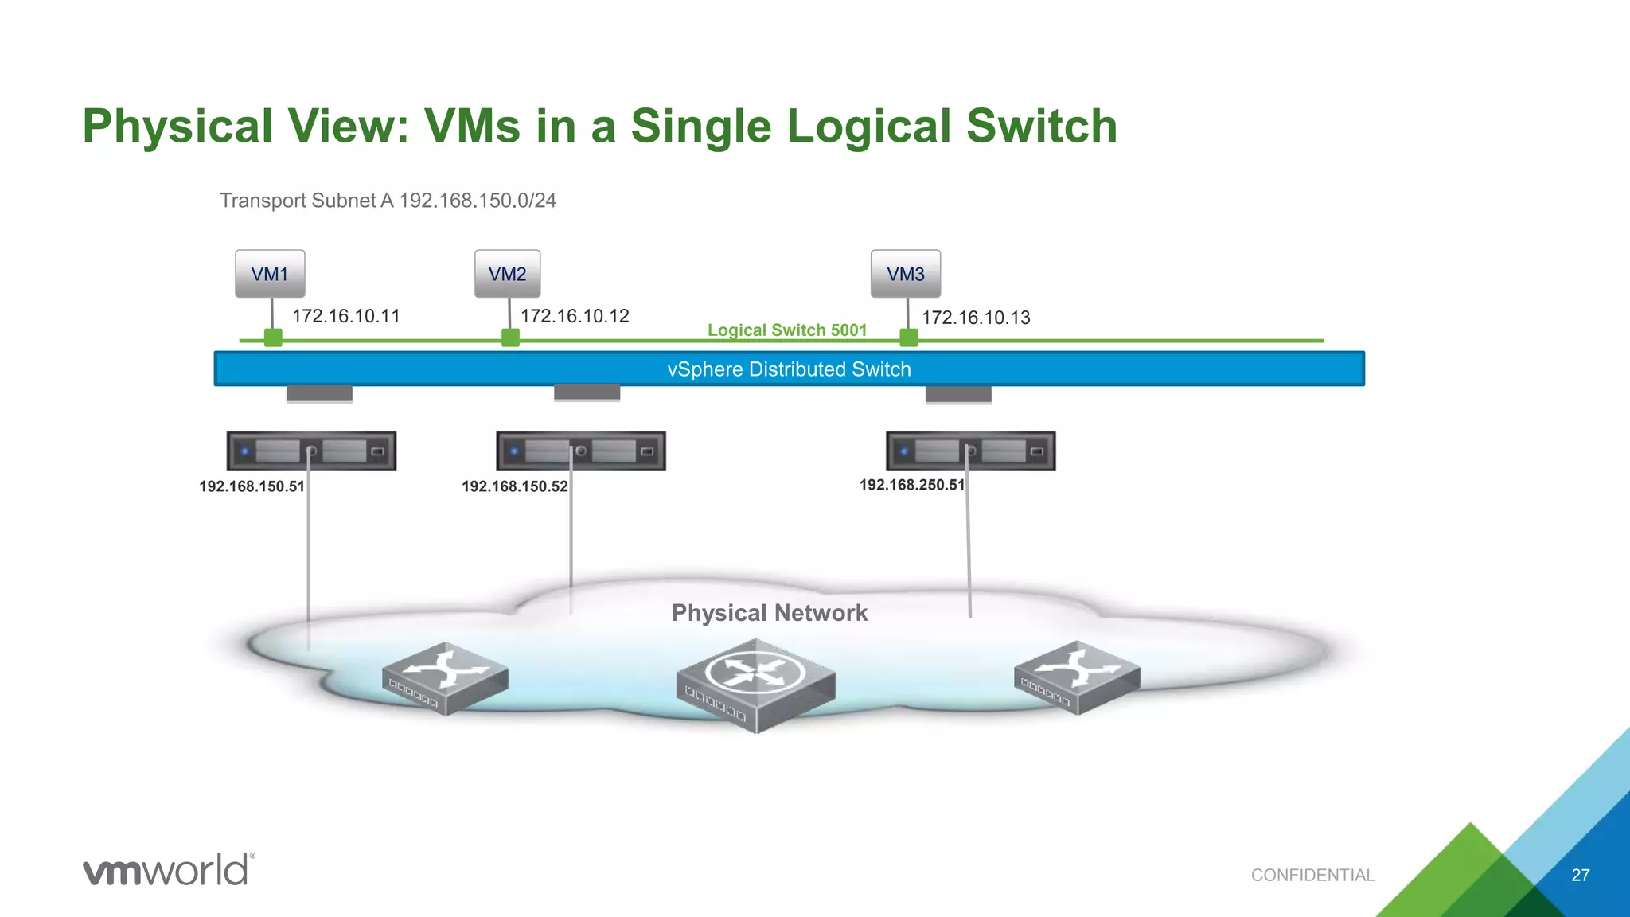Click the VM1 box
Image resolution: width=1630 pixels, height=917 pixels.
point(270,274)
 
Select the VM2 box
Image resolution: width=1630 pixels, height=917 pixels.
point(507,274)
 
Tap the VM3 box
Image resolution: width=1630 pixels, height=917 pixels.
point(906,274)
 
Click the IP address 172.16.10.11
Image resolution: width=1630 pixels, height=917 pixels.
point(345,316)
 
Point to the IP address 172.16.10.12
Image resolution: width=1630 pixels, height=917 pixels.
point(575,316)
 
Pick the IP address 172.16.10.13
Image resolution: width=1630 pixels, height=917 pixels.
point(976,318)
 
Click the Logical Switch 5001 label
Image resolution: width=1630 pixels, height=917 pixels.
point(786,330)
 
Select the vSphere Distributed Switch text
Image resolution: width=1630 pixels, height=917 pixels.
point(789,369)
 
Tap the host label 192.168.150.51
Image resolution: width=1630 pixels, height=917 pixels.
point(252,486)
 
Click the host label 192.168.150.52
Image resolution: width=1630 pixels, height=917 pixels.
point(514,486)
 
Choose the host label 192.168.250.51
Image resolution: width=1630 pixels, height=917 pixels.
point(911,485)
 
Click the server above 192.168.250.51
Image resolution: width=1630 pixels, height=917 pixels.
point(970,451)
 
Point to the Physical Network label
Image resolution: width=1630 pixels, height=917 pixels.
point(769,613)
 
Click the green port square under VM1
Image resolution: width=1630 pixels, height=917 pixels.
point(273,338)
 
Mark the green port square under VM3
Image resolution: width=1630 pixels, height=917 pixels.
point(908,338)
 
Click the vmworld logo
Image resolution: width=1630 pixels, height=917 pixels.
point(169,869)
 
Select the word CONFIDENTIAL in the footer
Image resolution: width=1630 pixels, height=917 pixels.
point(1312,875)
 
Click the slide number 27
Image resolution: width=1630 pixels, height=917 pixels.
point(1580,875)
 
